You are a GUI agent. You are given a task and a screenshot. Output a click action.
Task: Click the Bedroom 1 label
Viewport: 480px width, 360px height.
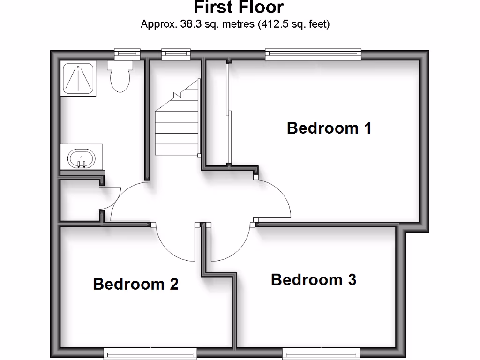(x=329, y=128)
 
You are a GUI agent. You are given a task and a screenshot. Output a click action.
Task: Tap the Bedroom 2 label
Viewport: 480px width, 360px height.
(x=136, y=284)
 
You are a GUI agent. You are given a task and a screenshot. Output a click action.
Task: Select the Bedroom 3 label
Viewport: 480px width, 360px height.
(x=314, y=280)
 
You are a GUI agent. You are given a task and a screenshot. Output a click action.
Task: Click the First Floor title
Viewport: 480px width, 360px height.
(x=239, y=7)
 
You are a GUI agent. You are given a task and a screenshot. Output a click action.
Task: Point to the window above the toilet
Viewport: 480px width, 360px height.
(x=127, y=54)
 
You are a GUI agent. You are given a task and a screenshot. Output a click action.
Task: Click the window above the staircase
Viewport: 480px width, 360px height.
(x=176, y=54)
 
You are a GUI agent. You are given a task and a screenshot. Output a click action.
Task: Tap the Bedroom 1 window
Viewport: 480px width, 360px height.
(x=313, y=54)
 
